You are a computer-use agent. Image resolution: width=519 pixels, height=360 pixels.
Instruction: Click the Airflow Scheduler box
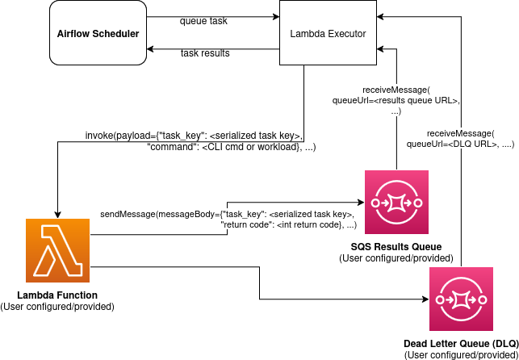(x=98, y=33)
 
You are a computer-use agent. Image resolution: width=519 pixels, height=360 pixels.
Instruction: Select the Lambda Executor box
(x=328, y=33)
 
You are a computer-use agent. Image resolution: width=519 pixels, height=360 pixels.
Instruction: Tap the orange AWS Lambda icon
(x=57, y=250)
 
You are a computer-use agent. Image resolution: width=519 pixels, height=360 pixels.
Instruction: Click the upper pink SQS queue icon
(x=396, y=202)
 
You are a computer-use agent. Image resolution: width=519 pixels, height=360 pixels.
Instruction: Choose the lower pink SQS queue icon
(x=461, y=299)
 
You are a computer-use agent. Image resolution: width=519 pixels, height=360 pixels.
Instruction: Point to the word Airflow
(x=73, y=34)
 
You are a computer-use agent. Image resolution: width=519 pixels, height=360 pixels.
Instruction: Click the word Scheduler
(x=115, y=34)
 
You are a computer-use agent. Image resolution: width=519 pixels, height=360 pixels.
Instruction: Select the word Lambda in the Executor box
(x=307, y=34)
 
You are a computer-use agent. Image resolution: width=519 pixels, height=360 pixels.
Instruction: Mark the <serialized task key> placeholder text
(x=311, y=214)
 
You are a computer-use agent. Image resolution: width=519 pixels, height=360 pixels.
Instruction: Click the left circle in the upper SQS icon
(x=375, y=203)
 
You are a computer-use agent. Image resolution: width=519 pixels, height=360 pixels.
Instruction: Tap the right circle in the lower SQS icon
(x=482, y=299)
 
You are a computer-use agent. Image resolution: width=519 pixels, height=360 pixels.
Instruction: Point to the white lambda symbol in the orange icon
(x=57, y=251)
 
